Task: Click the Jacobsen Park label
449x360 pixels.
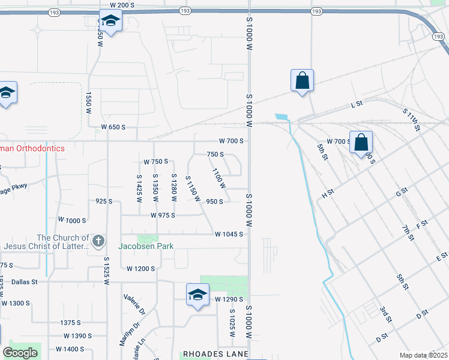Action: (146, 246)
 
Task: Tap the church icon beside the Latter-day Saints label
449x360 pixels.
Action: (98, 242)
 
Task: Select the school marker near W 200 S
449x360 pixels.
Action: (110, 22)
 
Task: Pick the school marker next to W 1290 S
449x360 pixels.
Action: (197, 295)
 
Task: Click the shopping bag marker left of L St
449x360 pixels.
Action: (302, 80)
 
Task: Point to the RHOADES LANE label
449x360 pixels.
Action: (215, 355)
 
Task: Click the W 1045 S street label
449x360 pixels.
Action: (229, 234)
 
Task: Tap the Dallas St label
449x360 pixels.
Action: (24, 281)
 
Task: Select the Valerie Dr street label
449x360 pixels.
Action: (134, 304)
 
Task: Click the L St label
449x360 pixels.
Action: (357, 104)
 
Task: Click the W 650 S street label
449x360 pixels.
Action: (113, 127)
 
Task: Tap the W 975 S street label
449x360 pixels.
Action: (163, 215)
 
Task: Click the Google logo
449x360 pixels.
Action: (20, 352)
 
